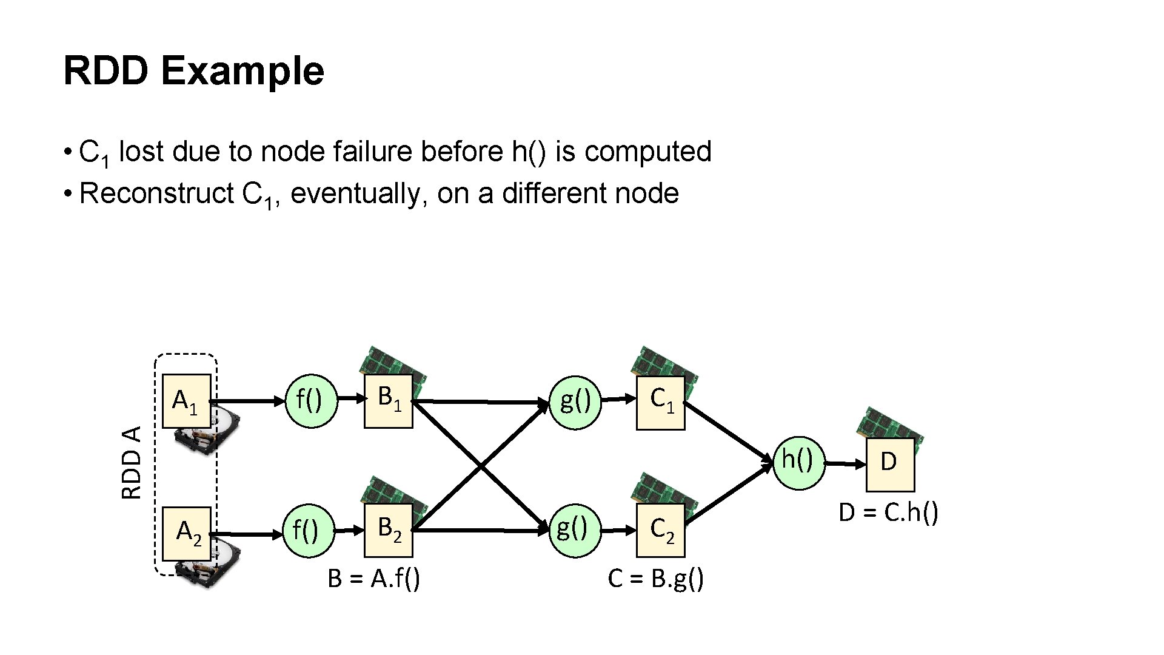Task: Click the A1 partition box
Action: coord(186,401)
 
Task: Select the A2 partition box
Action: coord(187,533)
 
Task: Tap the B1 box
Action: coord(388,401)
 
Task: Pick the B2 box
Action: coord(388,530)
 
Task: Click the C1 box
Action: coord(660,403)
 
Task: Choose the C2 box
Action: coord(660,530)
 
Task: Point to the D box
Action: coord(889,465)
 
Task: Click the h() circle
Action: coord(800,463)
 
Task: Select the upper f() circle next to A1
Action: coord(311,401)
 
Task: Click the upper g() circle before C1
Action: coord(575,402)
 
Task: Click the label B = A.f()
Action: coord(373,579)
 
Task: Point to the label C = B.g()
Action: coord(655,579)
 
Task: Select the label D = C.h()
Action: coord(888,513)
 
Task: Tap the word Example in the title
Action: coord(242,71)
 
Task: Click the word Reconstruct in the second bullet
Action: coord(156,194)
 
